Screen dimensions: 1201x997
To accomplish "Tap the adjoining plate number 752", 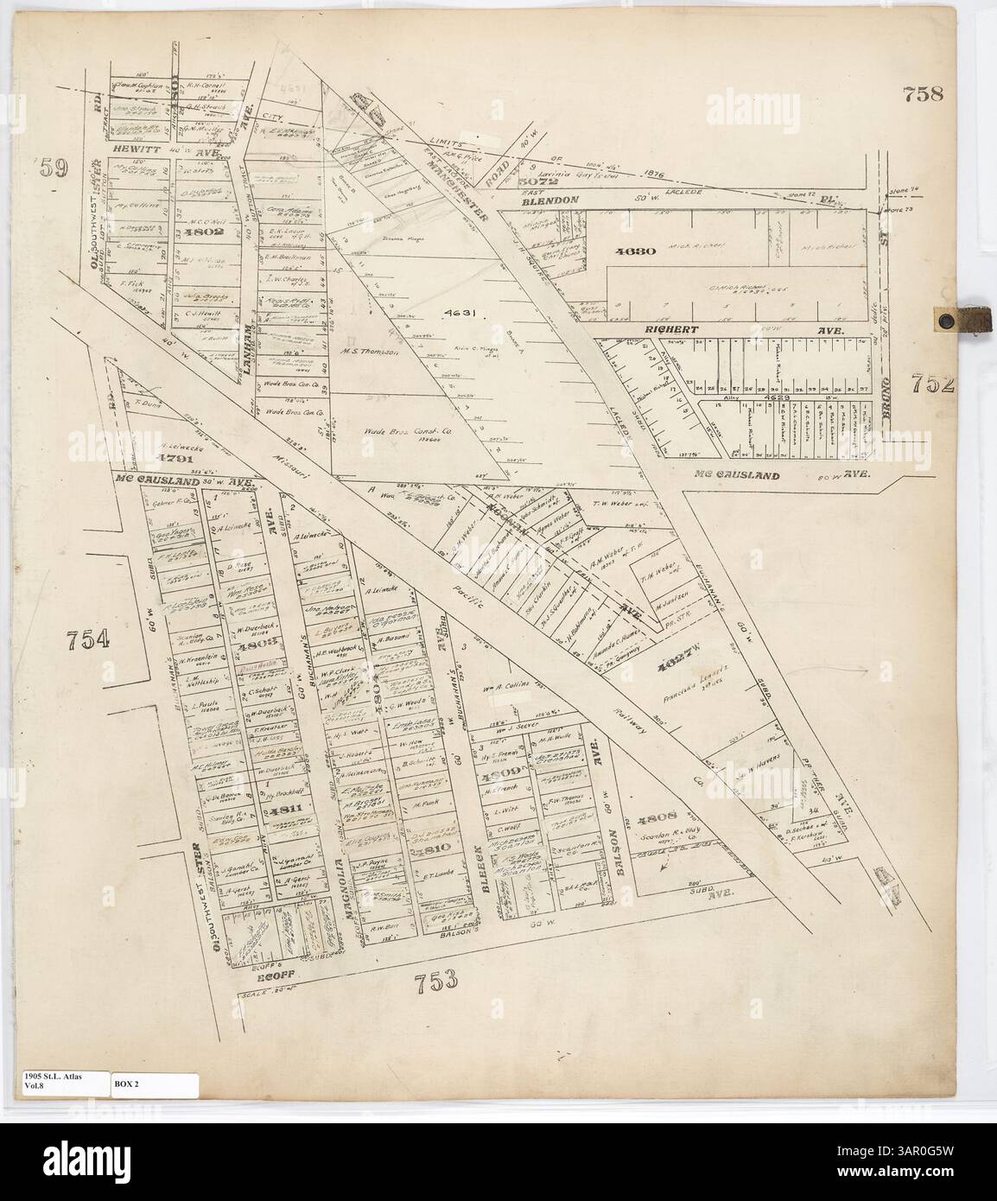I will [x=932, y=383].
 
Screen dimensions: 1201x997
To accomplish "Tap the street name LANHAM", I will [x=244, y=346].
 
